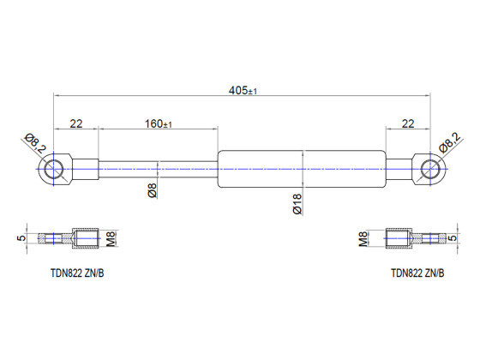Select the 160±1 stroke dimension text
tap(158, 123)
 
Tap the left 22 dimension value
tap(76, 123)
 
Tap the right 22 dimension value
tap(407, 123)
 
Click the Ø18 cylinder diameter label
tap(297, 203)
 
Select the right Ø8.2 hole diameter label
tap(449, 142)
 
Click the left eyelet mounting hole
tap(56, 169)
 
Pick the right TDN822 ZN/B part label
tap(417, 274)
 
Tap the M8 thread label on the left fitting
tap(111, 237)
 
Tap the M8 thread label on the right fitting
tap(364, 237)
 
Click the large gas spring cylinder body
tap(303, 169)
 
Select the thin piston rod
tap(159, 169)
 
